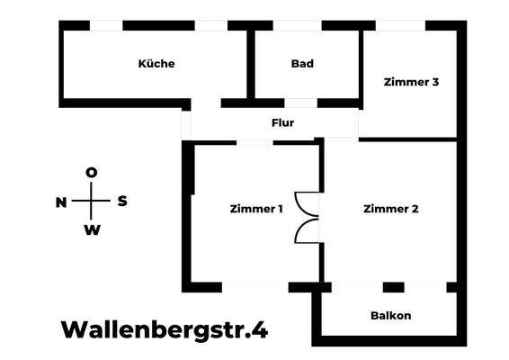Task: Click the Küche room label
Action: point(156,64)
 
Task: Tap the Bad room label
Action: point(302,64)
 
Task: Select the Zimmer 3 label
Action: point(411,82)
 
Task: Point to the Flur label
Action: point(282,122)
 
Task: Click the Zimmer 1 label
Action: point(256,209)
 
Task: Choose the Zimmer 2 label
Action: point(391,209)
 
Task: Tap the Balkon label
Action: point(391,315)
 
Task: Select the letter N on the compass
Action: point(61,202)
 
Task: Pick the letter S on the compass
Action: point(122,202)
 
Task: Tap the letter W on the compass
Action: point(92,230)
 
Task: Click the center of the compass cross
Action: point(92,202)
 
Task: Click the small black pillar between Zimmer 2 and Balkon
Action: point(393,287)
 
